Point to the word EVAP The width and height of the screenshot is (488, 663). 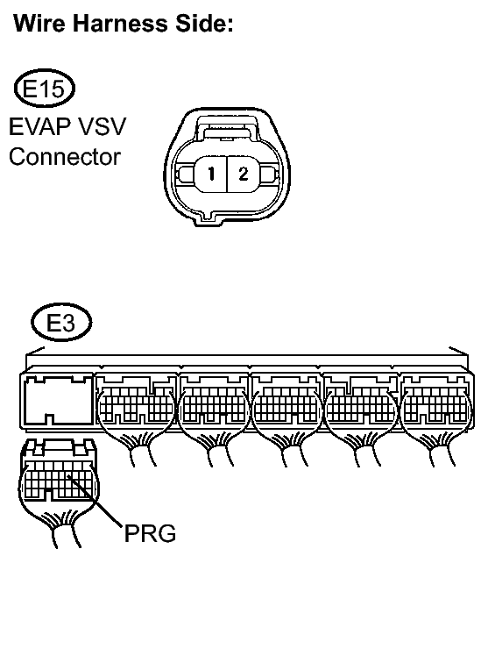(40, 128)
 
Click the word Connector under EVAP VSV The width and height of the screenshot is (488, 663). (64, 157)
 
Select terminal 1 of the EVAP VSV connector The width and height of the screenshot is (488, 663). (209, 174)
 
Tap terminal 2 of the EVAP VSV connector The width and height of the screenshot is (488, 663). (243, 174)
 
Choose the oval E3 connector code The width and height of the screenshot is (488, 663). (60, 324)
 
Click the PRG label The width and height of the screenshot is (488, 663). (148, 533)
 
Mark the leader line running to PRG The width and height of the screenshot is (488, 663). (100, 504)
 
